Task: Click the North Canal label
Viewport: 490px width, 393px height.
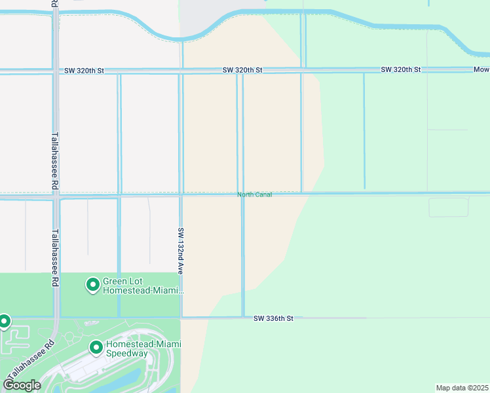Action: click(x=254, y=195)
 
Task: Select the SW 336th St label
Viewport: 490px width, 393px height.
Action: click(x=273, y=318)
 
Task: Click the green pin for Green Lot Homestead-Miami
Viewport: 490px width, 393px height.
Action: click(x=93, y=285)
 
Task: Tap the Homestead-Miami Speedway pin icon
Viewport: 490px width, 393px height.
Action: click(x=96, y=348)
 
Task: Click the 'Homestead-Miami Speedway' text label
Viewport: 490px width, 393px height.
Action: click(x=143, y=349)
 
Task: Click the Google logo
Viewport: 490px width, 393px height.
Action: click(x=22, y=385)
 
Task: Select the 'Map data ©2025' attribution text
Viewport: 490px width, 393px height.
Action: click(x=462, y=388)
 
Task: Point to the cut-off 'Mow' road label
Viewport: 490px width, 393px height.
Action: click(x=481, y=69)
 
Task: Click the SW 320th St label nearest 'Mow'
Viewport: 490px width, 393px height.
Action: click(x=401, y=69)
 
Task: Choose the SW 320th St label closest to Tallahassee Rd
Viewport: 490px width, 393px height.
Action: click(x=85, y=70)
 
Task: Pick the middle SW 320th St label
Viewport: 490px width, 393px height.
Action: click(x=242, y=69)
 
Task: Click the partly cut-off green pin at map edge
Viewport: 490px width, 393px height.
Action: click(x=4, y=321)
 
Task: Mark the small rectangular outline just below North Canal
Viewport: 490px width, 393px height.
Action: click(x=449, y=207)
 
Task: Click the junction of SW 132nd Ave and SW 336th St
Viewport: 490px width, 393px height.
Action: click(x=181, y=318)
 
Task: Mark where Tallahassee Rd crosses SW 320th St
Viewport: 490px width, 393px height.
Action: click(x=55, y=70)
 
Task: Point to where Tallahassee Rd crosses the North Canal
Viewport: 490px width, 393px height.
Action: click(x=56, y=194)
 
